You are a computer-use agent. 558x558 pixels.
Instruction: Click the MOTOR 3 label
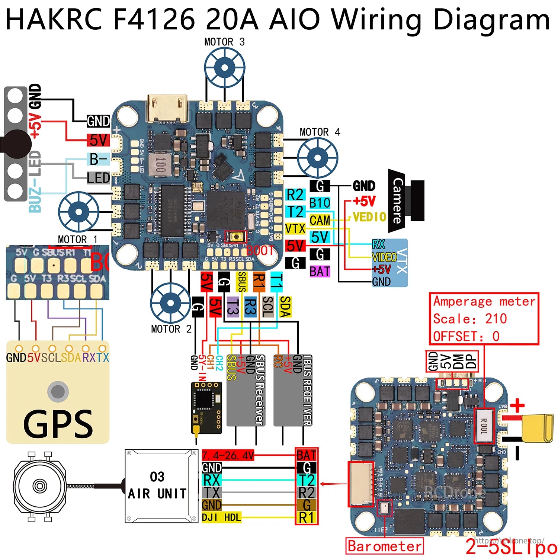pos(224,42)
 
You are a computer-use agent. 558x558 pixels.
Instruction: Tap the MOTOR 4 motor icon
pos(317,158)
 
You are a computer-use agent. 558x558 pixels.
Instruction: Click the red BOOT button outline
pos(235,237)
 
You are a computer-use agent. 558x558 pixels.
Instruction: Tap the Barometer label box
pos(385,546)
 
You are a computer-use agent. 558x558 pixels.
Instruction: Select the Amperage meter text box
pos(484,319)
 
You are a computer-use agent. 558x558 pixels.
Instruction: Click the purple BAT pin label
pos(320,272)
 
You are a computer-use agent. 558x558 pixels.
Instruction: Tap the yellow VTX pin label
pos(295,229)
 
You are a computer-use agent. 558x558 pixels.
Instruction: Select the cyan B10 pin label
pos(320,203)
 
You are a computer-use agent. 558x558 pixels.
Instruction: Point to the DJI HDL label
pos(221,517)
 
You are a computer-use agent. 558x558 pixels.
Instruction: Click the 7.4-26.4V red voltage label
pos(228,455)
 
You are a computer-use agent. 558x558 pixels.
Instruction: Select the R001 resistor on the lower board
pos(484,426)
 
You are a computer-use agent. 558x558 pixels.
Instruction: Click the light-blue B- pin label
pos(99,159)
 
